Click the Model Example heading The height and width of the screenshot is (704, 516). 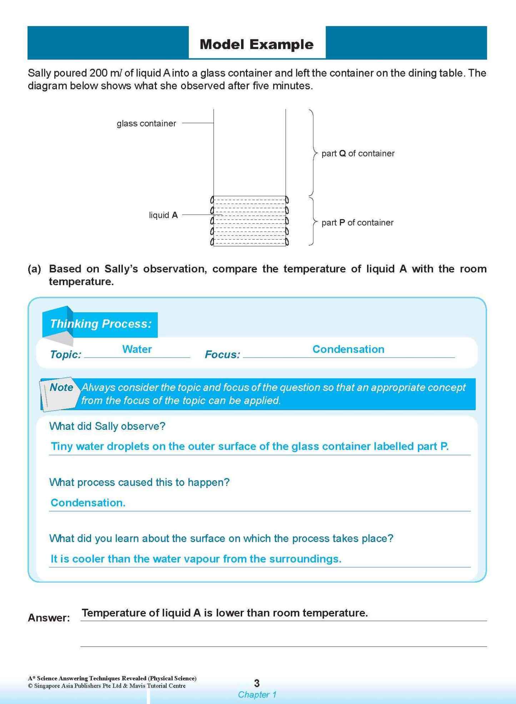click(256, 44)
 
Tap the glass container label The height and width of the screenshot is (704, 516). click(146, 124)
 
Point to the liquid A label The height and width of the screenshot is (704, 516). click(163, 215)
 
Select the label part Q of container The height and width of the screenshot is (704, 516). click(358, 154)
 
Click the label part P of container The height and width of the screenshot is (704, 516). click(357, 223)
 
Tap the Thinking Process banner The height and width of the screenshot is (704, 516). click(100, 324)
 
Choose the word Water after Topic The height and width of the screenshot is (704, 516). click(137, 349)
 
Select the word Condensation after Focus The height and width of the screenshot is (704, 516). click(348, 349)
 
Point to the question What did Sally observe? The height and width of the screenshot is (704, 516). click(107, 426)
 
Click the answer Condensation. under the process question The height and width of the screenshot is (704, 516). click(88, 503)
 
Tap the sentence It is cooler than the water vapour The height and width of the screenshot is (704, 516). click(196, 559)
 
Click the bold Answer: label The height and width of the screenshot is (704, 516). click(49, 618)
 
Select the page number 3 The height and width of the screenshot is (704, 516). click(256, 683)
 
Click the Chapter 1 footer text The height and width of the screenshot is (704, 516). click(257, 695)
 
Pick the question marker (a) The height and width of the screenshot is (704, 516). click(34, 269)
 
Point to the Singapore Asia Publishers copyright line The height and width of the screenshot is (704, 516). click(107, 686)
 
